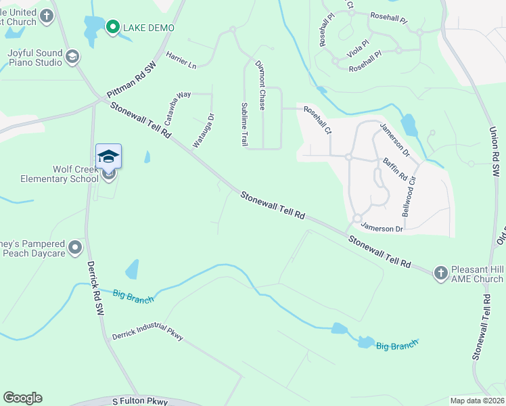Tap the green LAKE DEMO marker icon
(x=112, y=27)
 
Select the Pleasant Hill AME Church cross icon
(x=441, y=272)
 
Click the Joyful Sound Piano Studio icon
(x=72, y=58)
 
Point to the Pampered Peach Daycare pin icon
(x=75, y=248)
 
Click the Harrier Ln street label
(x=181, y=60)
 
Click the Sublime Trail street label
(x=244, y=124)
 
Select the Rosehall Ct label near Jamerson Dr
(x=318, y=119)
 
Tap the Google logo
(x=22, y=398)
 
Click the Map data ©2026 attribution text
(x=477, y=401)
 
